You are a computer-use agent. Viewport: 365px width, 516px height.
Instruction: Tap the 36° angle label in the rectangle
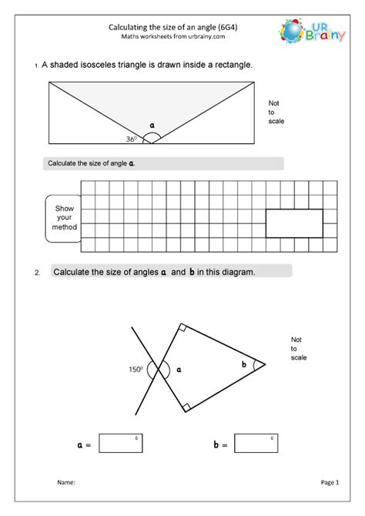pyautogui.click(x=132, y=139)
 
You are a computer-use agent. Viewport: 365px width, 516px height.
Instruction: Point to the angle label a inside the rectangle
pyautogui.click(x=152, y=125)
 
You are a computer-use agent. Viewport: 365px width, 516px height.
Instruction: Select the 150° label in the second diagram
pyautogui.click(x=136, y=370)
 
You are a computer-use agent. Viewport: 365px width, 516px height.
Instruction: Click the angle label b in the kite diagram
pyautogui.click(x=244, y=364)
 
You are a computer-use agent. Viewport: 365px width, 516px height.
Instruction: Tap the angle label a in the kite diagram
pyautogui.click(x=179, y=370)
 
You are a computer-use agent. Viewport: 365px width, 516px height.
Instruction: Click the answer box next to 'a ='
pyautogui.click(x=121, y=444)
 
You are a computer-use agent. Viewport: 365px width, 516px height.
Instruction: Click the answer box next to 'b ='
pyautogui.click(x=256, y=444)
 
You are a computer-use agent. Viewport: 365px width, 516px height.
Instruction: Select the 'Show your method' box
pyautogui.click(x=63, y=218)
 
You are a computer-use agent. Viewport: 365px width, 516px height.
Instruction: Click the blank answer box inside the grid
pyautogui.click(x=293, y=223)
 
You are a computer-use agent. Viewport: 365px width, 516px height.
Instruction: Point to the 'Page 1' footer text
pyautogui.click(x=330, y=483)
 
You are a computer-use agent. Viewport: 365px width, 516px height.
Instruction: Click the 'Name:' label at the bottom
pyautogui.click(x=66, y=483)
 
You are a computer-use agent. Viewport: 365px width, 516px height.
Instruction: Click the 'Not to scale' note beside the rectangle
pyautogui.click(x=276, y=112)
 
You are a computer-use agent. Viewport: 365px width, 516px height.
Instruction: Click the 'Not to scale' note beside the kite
pyautogui.click(x=299, y=348)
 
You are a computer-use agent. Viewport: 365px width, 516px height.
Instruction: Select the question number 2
pyautogui.click(x=35, y=273)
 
